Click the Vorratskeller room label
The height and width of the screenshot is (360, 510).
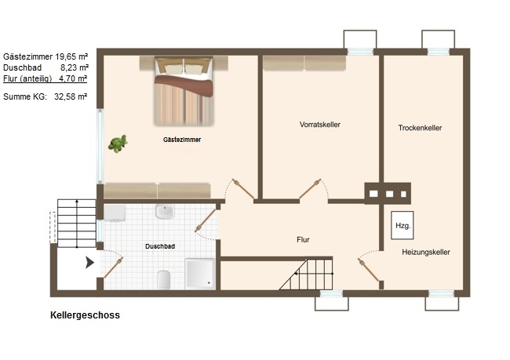pos(319,125)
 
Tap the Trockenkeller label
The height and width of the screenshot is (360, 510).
pos(420,128)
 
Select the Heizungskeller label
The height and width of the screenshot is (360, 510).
pos(426,252)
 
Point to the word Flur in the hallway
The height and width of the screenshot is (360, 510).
pos(303,240)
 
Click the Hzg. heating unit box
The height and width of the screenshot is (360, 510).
pos(403,225)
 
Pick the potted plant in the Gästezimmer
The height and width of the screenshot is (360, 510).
pos(118,144)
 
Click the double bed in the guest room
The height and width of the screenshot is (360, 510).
pos(184,91)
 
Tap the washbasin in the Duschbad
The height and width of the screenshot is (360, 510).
pos(165,212)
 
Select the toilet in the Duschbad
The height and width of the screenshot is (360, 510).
pos(164,279)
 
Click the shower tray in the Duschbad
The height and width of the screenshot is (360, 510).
pos(200,274)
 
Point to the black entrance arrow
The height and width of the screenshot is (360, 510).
pos(89,262)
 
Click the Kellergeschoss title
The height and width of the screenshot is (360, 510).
pos(85,315)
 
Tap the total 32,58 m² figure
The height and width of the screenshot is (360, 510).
pos(71,96)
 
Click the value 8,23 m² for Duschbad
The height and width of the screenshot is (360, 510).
pos(75,67)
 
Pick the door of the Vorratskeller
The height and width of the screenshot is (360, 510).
pos(310,188)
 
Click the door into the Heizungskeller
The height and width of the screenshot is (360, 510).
pos(369,270)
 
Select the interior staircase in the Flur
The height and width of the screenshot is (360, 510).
pos(306,274)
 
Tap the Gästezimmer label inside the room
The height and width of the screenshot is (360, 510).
pos(182,140)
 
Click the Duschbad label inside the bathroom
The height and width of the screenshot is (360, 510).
pos(160,246)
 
